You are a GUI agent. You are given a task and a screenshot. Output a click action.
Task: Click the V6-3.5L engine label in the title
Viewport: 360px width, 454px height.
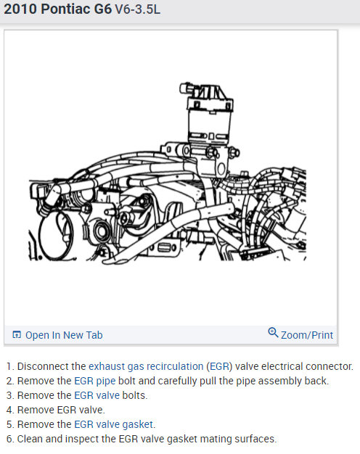pyautogui.click(x=144, y=12)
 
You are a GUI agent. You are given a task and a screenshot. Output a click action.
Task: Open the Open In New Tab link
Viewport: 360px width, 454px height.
pyautogui.click(x=64, y=335)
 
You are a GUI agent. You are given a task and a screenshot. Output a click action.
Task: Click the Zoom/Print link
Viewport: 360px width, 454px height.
pyautogui.click(x=306, y=335)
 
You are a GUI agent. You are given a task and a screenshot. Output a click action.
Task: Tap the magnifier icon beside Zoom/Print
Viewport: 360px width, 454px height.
pyautogui.click(x=273, y=333)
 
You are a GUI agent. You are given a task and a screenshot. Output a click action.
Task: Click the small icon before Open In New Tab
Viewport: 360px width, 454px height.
pyautogui.click(x=17, y=335)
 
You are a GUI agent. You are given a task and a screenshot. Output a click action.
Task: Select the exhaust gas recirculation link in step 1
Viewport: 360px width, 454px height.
pyautogui.click(x=146, y=366)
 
